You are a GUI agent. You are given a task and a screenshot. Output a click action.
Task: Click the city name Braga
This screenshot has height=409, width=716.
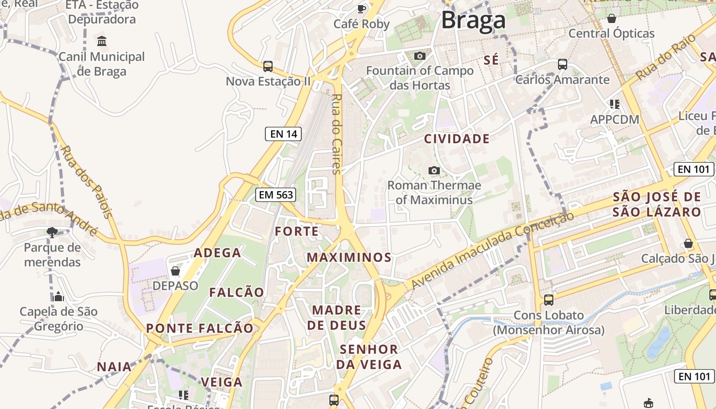tap(473, 20)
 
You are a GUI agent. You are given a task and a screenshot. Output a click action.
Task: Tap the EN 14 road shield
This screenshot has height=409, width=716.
tap(283, 134)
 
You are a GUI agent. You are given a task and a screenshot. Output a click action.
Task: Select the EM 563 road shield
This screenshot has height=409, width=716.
tap(276, 194)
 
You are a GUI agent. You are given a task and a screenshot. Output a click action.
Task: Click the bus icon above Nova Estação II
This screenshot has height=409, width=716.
tap(267, 66)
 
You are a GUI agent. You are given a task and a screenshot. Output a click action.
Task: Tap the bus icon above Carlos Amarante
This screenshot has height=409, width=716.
tap(562, 64)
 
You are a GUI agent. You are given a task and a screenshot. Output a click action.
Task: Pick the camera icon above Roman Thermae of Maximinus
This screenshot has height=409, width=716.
tap(434, 170)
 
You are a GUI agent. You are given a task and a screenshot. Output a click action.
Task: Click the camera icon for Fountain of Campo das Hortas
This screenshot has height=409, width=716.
tap(420, 56)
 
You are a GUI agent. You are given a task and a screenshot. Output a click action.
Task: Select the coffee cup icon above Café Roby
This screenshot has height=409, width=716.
tap(362, 9)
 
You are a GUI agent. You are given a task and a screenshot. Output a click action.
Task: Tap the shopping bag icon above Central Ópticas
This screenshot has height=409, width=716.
tap(611, 19)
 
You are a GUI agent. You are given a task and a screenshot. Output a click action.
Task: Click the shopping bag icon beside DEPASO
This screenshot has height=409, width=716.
tap(175, 270)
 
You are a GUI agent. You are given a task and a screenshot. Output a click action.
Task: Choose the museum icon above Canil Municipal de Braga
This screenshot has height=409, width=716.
tap(101, 41)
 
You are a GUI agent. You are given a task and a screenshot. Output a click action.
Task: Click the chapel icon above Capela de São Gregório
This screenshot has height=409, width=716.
tap(58, 297)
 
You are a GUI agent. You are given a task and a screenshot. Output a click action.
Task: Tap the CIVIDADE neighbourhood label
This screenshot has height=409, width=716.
tap(457, 139)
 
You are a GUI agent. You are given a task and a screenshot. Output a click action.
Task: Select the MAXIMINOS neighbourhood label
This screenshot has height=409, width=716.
tap(349, 257)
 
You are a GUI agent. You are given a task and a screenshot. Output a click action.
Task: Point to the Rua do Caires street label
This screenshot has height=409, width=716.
tap(336, 134)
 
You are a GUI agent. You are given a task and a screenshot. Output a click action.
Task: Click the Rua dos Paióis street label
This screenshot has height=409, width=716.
tap(86, 182)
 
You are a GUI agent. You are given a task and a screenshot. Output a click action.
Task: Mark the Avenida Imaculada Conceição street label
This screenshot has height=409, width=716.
tap(492, 251)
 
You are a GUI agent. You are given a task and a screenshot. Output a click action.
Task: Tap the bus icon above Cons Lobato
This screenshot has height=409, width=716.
tap(548, 300)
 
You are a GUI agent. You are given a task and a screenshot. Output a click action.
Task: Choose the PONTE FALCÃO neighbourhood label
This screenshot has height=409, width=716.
tap(199, 328)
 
